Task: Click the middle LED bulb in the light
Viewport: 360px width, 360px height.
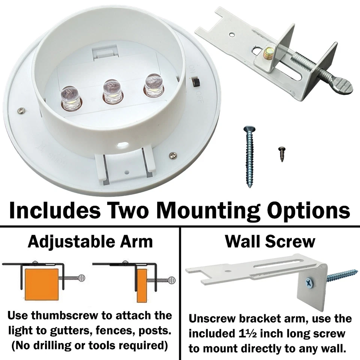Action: [111, 91]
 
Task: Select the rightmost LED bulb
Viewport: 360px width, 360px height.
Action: [153, 85]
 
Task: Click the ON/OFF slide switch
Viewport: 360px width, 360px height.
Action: [195, 81]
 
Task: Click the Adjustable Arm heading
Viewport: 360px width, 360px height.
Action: [90, 242]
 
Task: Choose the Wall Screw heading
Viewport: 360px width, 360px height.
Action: [270, 242]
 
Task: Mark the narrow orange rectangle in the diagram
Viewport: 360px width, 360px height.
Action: [142, 285]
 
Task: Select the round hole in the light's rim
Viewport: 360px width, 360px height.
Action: [122, 145]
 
